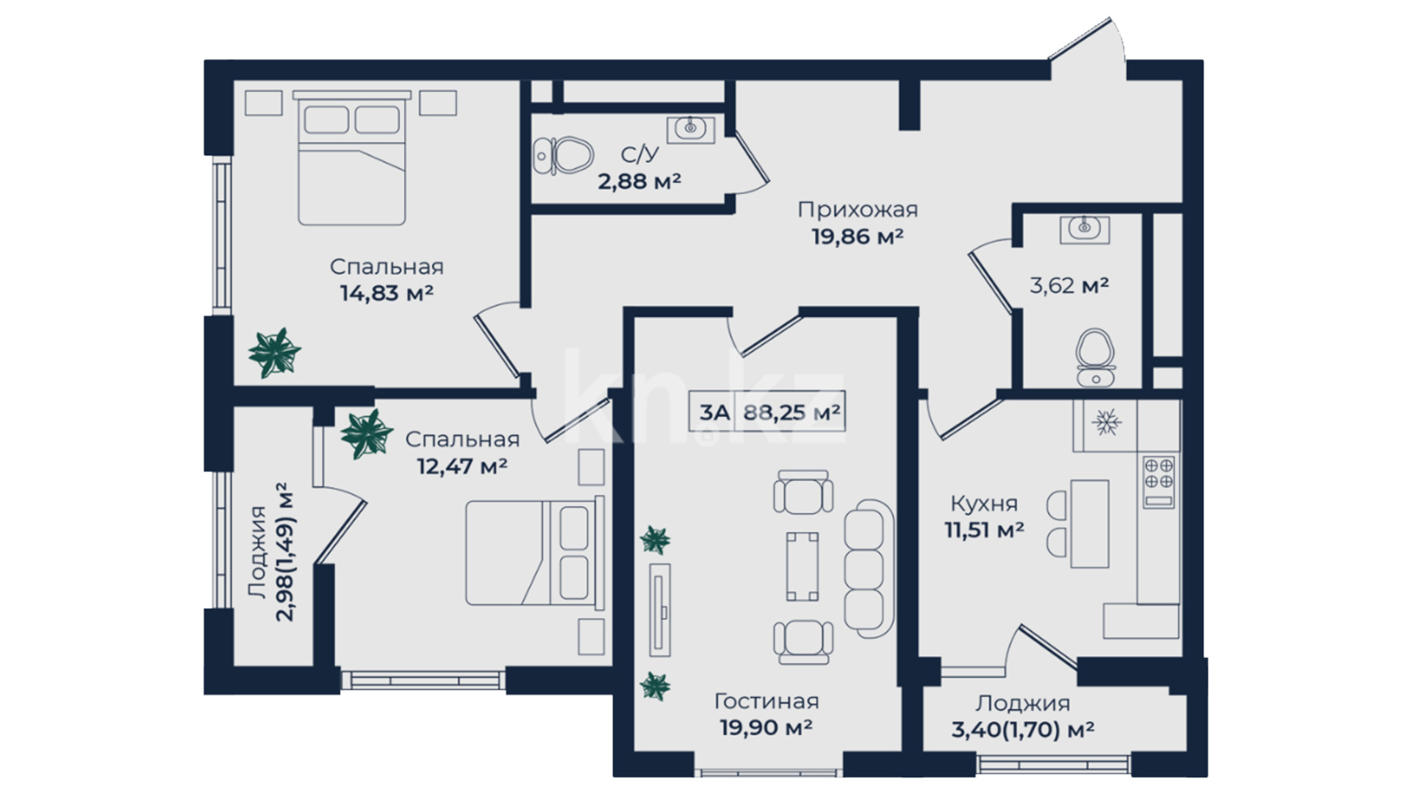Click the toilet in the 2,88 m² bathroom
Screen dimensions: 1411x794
564,156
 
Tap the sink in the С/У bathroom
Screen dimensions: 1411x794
690,129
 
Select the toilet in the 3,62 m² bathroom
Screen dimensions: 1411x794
1095,357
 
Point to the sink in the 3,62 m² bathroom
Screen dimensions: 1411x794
1084,229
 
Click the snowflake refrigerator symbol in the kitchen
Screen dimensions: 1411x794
1105,422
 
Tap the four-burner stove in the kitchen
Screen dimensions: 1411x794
1158,482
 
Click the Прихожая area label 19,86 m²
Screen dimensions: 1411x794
857,237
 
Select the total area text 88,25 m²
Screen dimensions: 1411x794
791,412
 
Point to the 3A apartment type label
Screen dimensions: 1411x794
714,412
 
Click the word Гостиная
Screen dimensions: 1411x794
766,701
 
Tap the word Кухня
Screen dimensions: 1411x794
984,504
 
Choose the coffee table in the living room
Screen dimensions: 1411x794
803,566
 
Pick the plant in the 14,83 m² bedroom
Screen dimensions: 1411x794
274,353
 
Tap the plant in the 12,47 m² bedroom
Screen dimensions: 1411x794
367,434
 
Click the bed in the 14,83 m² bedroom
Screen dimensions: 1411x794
351,158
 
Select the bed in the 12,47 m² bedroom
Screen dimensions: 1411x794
535,553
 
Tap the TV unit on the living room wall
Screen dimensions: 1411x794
660,609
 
